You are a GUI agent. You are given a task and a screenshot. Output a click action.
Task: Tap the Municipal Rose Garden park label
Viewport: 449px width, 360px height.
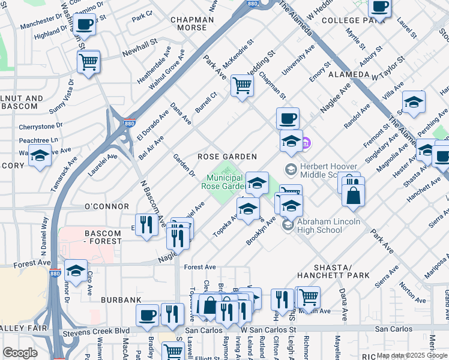tap(224, 182)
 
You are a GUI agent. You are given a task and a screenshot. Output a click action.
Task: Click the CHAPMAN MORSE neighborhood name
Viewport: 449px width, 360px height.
tap(192, 24)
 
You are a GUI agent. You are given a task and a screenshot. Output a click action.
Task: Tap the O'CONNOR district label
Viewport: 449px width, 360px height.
tap(107, 206)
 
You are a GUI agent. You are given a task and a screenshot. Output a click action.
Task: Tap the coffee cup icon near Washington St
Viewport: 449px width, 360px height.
tap(85, 25)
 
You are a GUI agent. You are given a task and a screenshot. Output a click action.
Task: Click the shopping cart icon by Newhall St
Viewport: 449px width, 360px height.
tap(88, 61)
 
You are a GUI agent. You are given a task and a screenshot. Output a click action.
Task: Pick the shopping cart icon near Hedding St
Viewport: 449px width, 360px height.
tap(242, 85)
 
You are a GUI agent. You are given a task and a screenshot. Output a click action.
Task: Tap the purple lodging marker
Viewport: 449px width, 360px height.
tap(306, 143)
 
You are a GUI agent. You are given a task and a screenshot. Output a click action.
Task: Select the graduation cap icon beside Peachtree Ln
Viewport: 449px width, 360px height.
tap(40, 155)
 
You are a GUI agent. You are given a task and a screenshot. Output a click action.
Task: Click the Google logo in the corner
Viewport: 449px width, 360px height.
tap(20, 352)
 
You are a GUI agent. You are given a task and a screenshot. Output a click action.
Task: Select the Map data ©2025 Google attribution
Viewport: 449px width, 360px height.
tap(412, 355)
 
